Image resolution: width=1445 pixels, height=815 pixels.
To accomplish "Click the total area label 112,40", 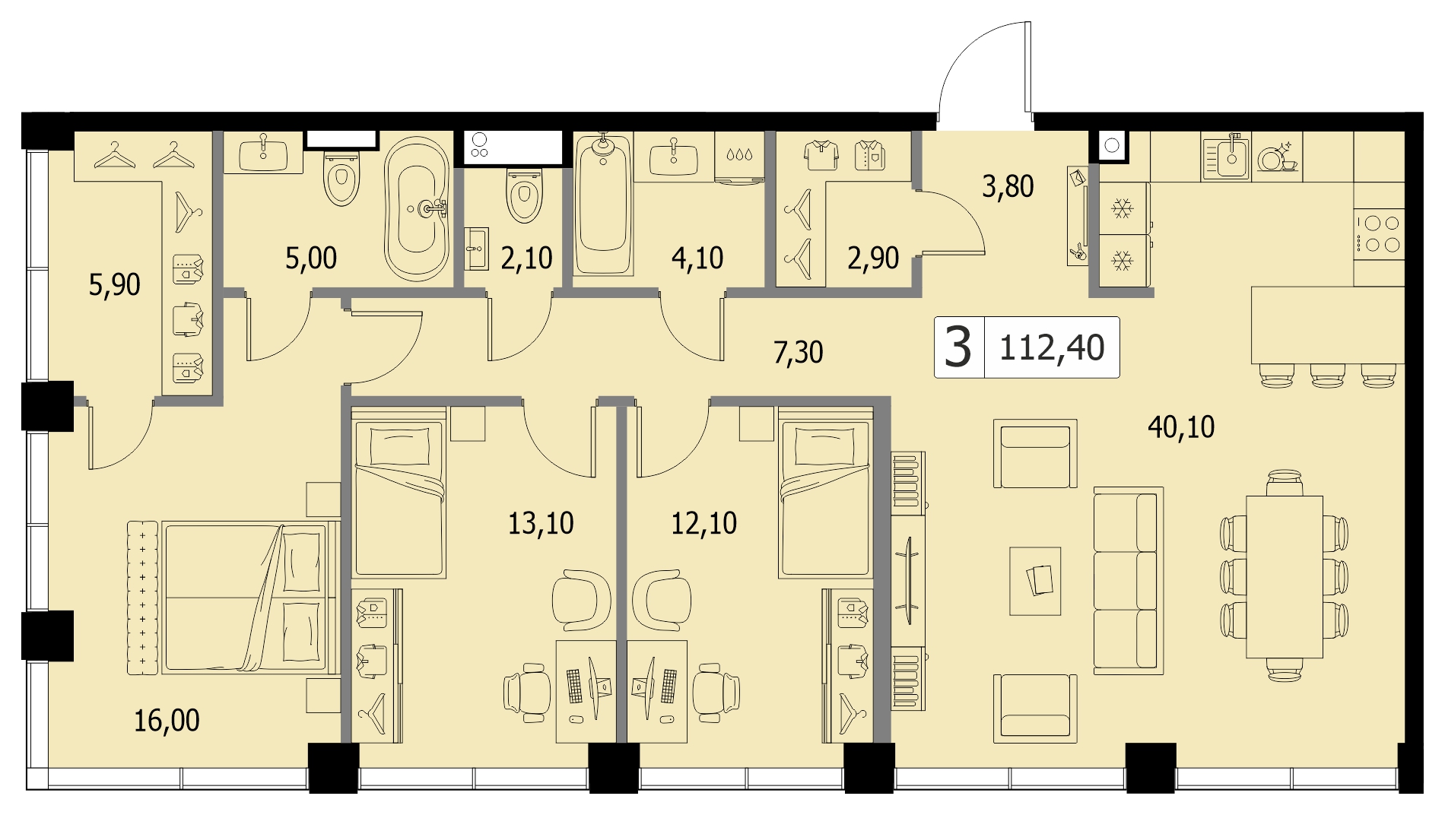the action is click(x=1051, y=348).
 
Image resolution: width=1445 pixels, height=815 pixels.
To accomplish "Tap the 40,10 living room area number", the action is click(x=1181, y=427).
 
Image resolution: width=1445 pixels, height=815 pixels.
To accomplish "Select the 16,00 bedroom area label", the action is click(x=167, y=720).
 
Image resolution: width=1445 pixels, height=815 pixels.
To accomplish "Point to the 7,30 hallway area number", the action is click(x=798, y=353).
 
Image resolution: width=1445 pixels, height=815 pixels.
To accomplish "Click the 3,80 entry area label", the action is click(x=1008, y=186).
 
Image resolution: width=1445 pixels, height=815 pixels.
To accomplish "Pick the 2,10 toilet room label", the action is click(x=526, y=258).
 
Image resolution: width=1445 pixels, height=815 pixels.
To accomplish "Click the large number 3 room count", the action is click(x=958, y=347).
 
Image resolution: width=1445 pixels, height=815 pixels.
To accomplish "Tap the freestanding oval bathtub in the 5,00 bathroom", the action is click(x=417, y=209).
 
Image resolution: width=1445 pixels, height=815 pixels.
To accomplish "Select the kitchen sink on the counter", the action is click(x=1224, y=155).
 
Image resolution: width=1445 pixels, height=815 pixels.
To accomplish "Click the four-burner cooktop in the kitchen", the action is click(x=1379, y=234).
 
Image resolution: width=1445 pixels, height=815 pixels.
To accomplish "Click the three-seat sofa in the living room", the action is click(x=1129, y=581).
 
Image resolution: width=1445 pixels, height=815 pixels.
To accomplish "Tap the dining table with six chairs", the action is click(x=1284, y=576).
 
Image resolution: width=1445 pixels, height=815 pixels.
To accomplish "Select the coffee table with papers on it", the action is click(x=1035, y=581).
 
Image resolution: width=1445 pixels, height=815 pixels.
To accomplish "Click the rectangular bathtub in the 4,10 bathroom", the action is click(x=603, y=204).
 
